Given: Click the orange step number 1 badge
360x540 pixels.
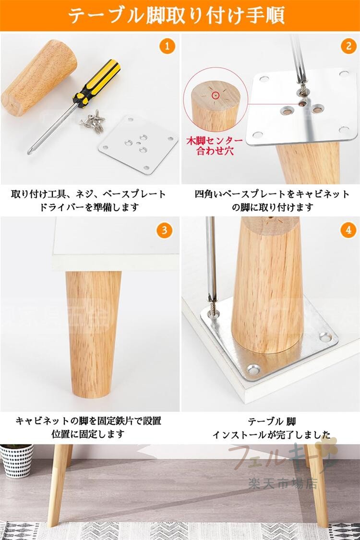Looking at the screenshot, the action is pos(167,46).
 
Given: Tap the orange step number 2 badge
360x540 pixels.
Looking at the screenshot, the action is pos(348,46).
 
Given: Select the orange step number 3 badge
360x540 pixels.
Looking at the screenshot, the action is pos(164,230).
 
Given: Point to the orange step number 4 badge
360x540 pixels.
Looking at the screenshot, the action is pos(348,230).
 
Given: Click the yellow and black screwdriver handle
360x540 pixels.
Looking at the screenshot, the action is pos(97,83).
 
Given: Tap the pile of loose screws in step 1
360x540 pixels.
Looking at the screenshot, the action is pos(93,120).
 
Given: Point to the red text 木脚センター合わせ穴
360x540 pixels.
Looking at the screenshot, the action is pos(215,145).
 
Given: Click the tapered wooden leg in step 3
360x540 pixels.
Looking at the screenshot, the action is pos(93,334).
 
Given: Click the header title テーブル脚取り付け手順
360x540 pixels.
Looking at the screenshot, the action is pos(176,15).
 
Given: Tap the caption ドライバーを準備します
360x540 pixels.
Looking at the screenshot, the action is pos(89,207).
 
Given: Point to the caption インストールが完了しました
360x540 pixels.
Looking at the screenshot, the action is pos(272,434).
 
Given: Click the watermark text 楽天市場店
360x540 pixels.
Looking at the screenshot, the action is pos(283,484).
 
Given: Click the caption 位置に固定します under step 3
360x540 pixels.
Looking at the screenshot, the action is pos(88,434).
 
